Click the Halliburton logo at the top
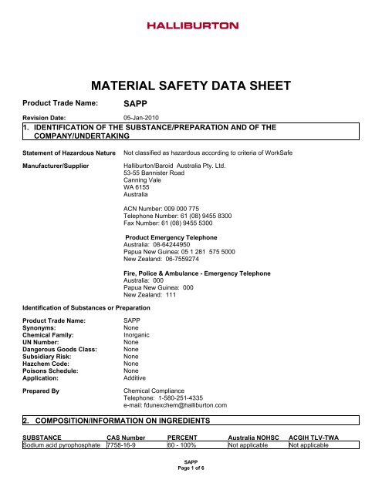click(x=191, y=26)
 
